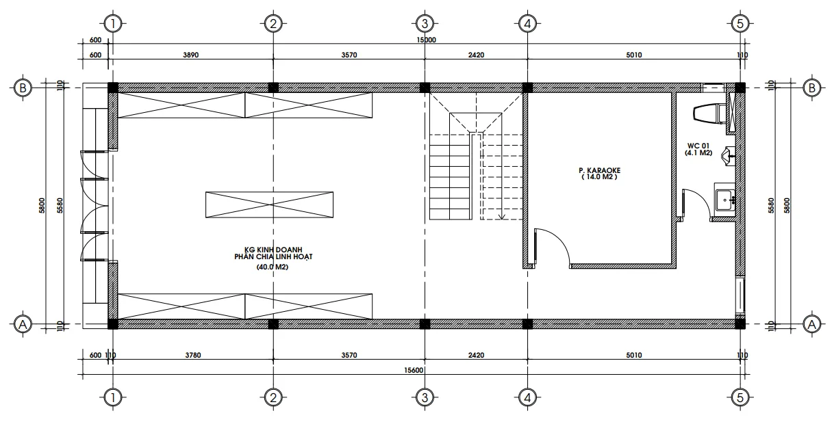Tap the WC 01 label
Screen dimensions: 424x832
click(x=698, y=146)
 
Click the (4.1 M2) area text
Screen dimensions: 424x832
click(x=698, y=153)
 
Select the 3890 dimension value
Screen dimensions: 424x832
click(x=191, y=55)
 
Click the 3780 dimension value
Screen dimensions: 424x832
click(x=191, y=355)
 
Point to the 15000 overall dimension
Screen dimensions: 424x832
click(x=426, y=40)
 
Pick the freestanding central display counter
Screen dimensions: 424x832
click(x=270, y=204)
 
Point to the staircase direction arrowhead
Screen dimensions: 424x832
click(x=502, y=217)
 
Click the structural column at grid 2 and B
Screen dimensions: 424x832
click(x=273, y=88)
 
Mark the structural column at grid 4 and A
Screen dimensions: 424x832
click(x=527, y=323)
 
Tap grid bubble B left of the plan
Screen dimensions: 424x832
click(x=23, y=88)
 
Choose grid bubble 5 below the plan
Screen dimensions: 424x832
click(x=739, y=397)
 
